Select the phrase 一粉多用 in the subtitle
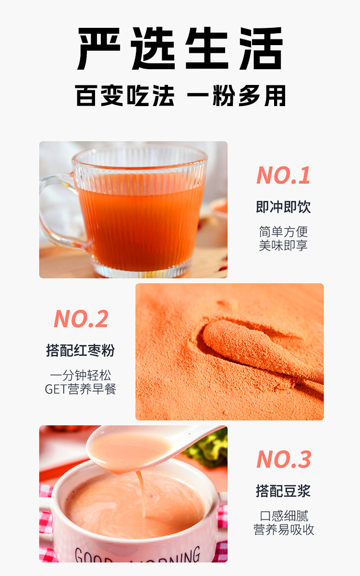[x=236, y=95]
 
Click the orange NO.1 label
[x=283, y=175]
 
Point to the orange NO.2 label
[x=81, y=319]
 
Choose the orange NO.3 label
[x=283, y=459]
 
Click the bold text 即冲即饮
[x=283, y=207]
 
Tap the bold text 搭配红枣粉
[x=81, y=350]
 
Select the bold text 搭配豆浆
[x=283, y=491]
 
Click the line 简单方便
[x=283, y=232]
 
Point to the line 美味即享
[x=283, y=245]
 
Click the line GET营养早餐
[x=81, y=389]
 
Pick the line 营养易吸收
[x=284, y=530]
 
